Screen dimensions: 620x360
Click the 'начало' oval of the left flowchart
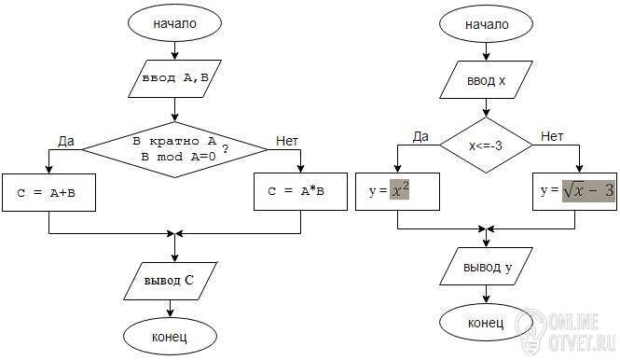[174, 23]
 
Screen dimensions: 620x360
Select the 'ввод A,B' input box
[174, 78]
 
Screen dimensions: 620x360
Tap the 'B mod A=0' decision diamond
[174, 149]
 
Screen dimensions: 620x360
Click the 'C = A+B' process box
[48, 193]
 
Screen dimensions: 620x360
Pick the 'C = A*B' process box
[300, 191]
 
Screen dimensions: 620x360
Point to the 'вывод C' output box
[171, 281]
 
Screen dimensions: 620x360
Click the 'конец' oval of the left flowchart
[170, 337]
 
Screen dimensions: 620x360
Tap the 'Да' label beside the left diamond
[66, 141]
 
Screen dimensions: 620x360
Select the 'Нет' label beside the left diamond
[287, 141]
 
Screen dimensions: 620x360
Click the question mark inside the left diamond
[226, 149]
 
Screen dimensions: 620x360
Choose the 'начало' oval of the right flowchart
[487, 24]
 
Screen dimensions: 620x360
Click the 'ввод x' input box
[487, 80]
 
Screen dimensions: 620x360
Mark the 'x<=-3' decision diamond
[487, 145]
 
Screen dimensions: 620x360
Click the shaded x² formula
[399, 189]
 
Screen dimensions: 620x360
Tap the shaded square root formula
[588, 191]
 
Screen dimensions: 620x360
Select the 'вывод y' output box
[487, 267]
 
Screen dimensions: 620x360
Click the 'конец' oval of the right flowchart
[486, 323]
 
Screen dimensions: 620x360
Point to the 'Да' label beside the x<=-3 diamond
[420, 136]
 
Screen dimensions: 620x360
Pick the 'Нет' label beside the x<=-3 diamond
[552, 136]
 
